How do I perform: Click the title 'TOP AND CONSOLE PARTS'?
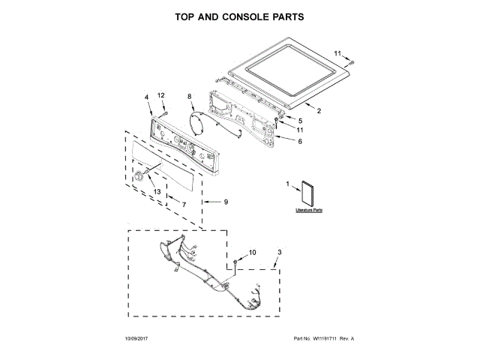pos(239,16)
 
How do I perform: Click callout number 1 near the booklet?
pos(286,184)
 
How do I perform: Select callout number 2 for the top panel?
pos(319,111)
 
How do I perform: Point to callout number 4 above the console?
pos(146,97)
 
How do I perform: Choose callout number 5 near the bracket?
pos(300,120)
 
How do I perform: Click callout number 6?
pos(300,141)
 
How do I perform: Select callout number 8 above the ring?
pos(189,97)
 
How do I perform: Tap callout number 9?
pos(226,201)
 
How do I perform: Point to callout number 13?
pos(157,191)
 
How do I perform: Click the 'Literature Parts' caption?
pos(307,212)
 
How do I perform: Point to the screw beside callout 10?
pos(237,262)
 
